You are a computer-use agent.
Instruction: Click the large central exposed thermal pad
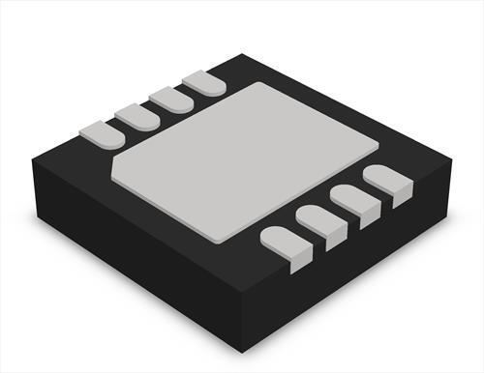click(x=247, y=159)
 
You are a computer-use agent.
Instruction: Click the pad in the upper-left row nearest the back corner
click(x=204, y=83)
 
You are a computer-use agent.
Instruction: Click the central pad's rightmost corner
click(x=377, y=145)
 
